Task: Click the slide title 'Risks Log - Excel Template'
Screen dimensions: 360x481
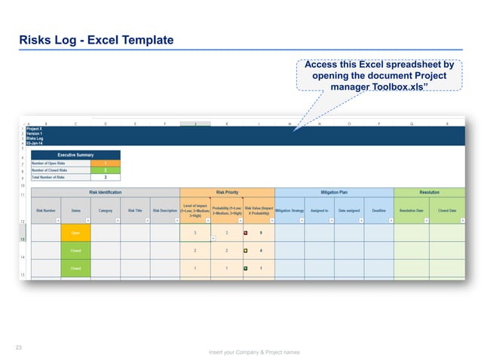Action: [x=97, y=40]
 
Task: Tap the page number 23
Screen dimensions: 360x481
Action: [x=20, y=347]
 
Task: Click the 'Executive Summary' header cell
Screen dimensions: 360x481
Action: [x=75, y=154]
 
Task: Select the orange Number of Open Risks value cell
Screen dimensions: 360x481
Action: [x=105, y=163]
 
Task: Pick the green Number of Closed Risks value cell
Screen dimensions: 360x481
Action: [x=105, y=170]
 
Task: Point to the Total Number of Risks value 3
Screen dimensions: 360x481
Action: [x=105, y=178]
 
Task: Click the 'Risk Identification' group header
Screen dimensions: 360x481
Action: [x=105, y=193]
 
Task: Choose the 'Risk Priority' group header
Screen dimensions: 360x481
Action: [x=227, y=193]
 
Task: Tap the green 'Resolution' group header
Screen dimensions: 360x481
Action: [x=429, y=193]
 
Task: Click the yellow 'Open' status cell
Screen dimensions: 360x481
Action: [x=75, y=233]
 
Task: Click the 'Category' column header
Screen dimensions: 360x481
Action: [x=106, y=211]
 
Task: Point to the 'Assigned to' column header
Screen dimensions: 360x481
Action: [x=319, y=211]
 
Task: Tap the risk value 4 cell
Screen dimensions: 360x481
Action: [x=260, y=250]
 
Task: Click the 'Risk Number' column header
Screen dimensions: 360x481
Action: [x=46, y=211]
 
